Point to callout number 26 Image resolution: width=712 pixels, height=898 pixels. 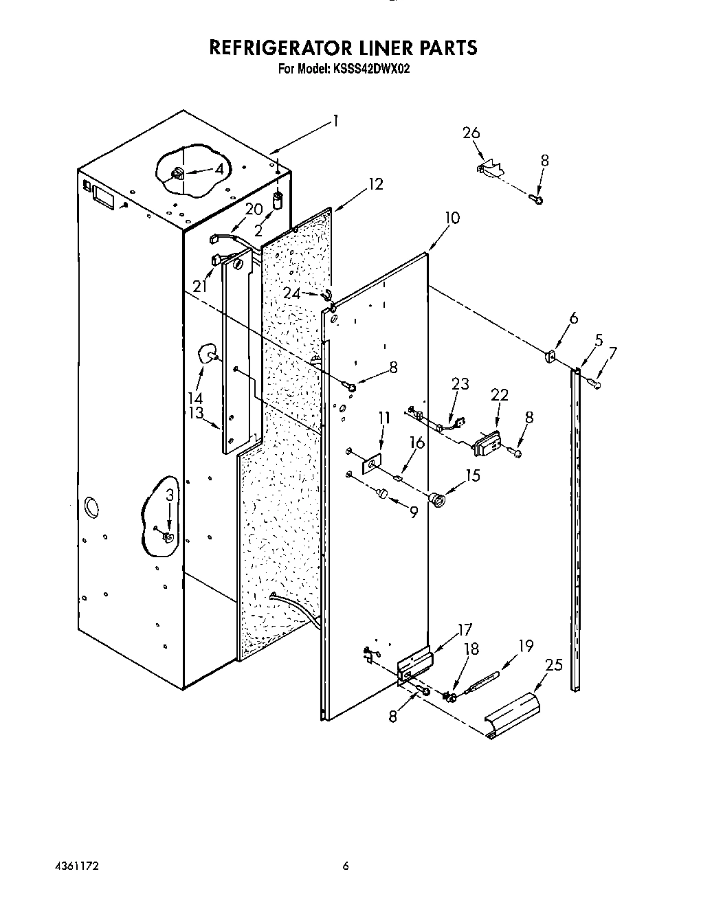(x=471, y=133)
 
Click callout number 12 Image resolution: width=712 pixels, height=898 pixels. (x=375, y=184)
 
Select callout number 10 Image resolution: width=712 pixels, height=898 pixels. (x=452, y=218)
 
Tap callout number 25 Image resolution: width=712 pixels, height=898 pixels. (x=553, y=665)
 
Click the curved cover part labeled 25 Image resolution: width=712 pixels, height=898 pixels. (x=513, y=717)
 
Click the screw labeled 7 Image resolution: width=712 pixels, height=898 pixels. (x=597, y=386)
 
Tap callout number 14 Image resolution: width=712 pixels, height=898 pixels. (x=196, y=399)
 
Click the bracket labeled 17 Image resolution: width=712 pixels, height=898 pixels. (x=416, y=664)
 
